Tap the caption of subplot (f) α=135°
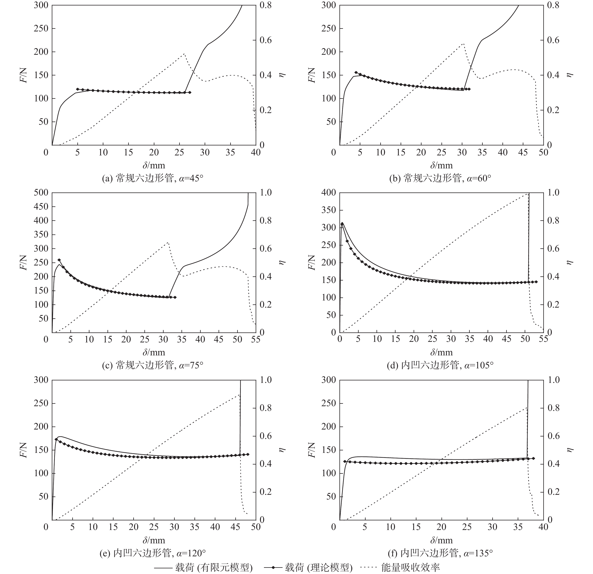(440, 553)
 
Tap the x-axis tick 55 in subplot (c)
(256, 339)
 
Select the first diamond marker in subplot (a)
(77, 89)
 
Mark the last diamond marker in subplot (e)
(248, 454)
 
